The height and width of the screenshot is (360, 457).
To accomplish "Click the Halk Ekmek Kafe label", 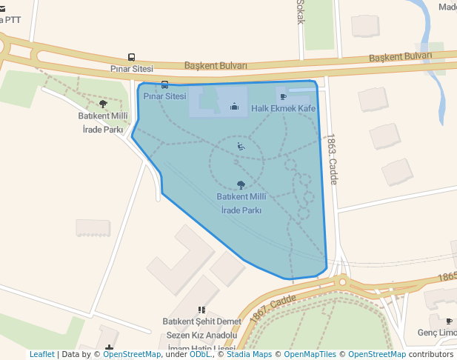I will (283, 108).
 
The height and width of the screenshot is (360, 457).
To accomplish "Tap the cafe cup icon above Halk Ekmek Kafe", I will (283, 96).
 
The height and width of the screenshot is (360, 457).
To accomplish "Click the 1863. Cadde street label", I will (331, 159).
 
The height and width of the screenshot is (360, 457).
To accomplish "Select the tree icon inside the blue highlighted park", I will (240, 184).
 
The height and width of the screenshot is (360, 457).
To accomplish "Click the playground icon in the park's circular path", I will (241, 147).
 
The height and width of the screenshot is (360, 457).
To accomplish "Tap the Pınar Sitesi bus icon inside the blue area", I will (164, 84).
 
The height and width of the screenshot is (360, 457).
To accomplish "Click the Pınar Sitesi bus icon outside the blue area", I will (131, 57).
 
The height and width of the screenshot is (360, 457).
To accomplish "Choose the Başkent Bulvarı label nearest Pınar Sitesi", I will (216, 65).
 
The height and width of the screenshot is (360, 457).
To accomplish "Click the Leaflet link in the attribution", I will (41, 354).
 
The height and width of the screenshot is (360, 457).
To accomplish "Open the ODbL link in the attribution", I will (199, 354).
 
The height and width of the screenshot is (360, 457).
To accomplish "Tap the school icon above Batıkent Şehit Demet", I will (201, 310).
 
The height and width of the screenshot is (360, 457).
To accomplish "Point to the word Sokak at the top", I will (301, 11).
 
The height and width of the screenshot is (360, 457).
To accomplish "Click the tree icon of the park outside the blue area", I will (103, 104).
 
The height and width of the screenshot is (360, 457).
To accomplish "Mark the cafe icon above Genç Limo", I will (449, 321).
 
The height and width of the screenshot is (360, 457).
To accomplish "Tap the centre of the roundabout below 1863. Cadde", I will (342, 281).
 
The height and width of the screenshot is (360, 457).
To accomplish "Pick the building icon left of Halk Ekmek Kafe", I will (234, 107).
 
